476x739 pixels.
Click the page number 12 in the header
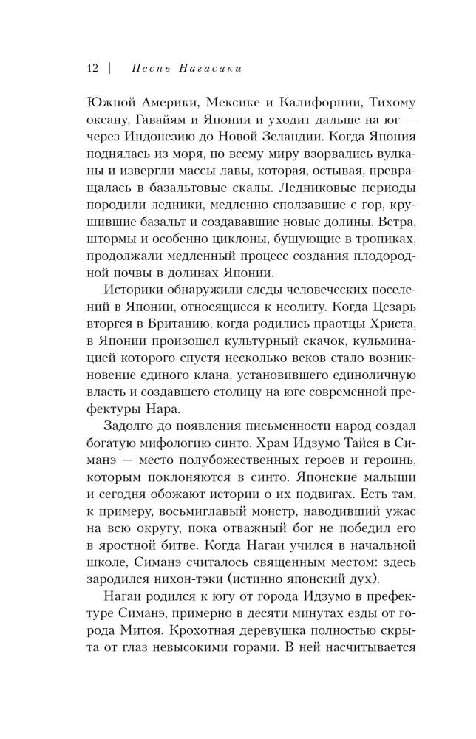click(92, 69)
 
